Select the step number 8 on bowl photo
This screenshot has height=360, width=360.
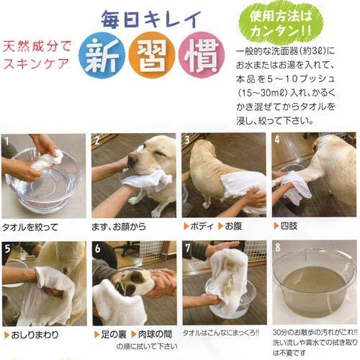coord(277,247)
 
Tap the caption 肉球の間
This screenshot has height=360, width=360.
coord(151,334)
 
